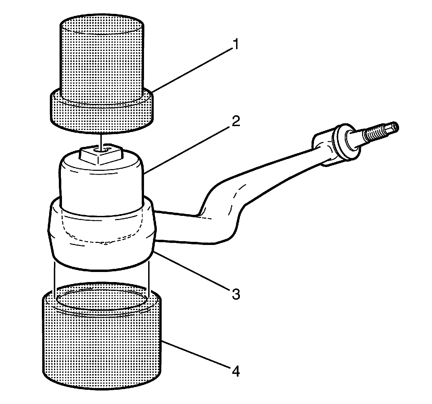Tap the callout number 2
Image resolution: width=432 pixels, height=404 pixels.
point(235,122)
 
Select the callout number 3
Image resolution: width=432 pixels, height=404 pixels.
point(235,294)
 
